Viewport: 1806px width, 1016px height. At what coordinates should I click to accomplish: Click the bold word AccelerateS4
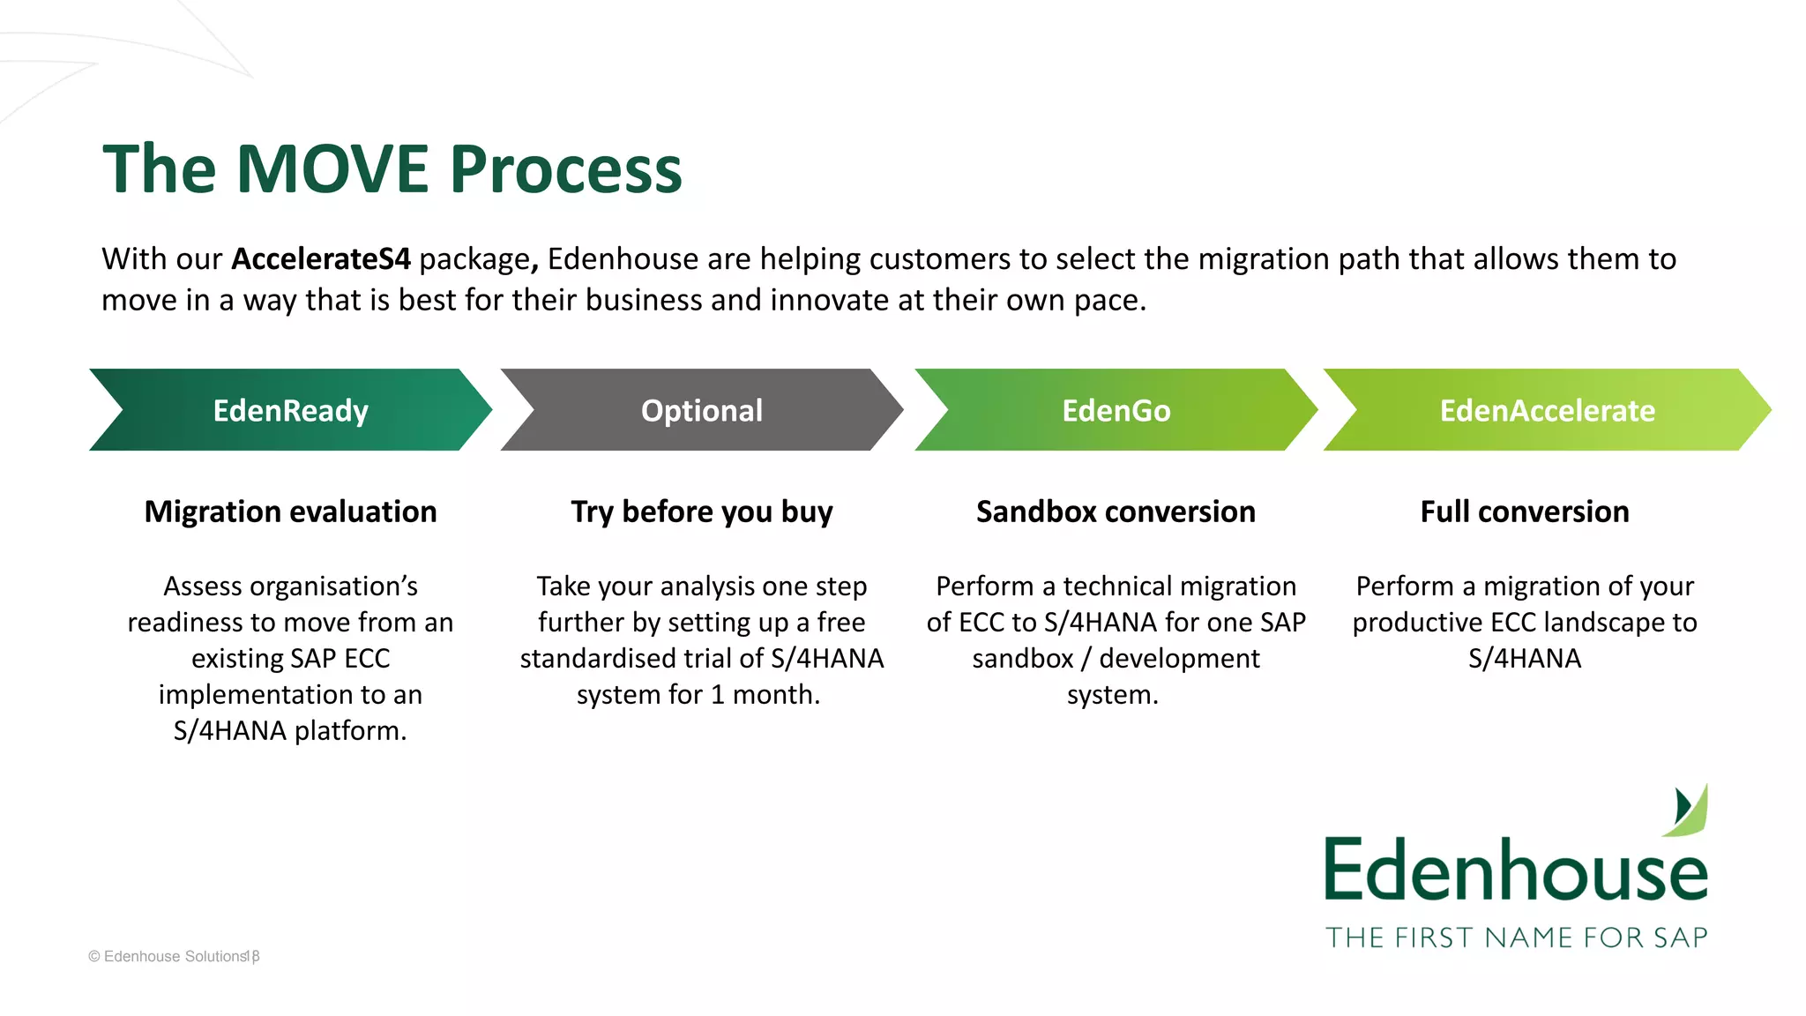[321, 259]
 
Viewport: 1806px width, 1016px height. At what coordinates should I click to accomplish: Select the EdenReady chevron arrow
[290, 410]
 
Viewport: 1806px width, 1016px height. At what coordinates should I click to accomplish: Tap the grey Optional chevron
[702, 410]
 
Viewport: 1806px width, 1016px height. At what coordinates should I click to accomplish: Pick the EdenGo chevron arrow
[1116, 410]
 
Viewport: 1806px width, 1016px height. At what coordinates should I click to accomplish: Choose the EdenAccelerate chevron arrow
[1547, 410]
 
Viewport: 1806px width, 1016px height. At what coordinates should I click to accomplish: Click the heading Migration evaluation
[290, 512]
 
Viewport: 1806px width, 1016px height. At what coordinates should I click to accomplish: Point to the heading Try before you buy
[702, 512]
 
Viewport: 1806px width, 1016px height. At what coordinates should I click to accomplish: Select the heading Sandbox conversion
[1116, 512]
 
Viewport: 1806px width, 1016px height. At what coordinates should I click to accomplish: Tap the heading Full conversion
[1525, 512]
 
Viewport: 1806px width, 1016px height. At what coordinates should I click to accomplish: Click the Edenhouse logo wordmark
[1516, 870]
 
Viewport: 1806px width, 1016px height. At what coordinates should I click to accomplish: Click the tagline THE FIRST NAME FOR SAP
[1516, 938]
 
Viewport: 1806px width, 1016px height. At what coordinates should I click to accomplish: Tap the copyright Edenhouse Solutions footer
[174, 957]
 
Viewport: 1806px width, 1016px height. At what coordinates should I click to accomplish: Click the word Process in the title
[566, 169]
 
